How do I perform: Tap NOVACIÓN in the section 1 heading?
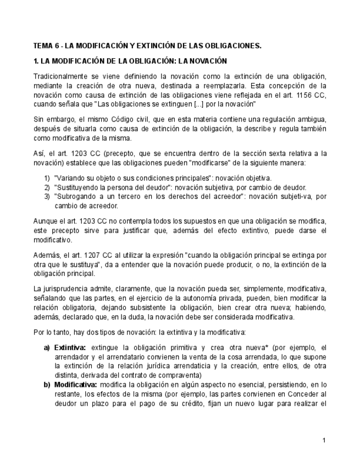click(204, 61)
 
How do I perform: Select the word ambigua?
click(311, 119)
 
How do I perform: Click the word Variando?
click(70, 178)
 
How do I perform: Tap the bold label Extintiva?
click(70, 347)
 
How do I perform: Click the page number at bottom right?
click(324, 440)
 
